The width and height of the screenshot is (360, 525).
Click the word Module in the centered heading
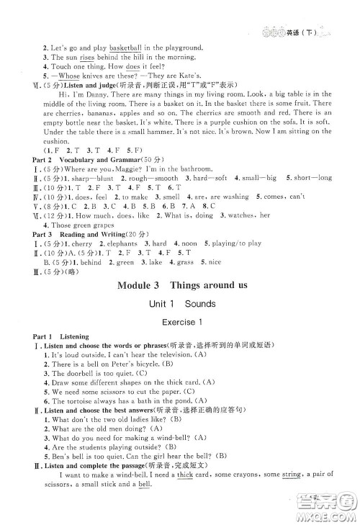135,285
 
